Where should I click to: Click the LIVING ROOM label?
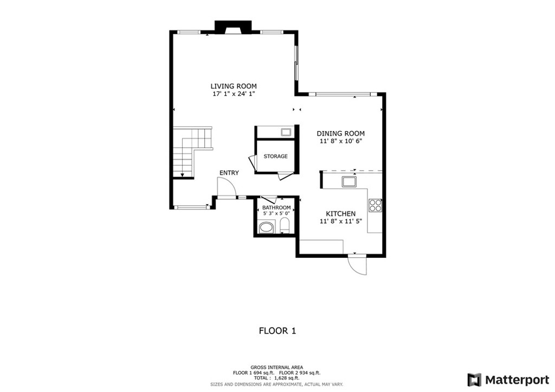[x=234, y=86]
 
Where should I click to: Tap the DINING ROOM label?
[x=340, y=133]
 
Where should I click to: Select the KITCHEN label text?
[x=340, y=213]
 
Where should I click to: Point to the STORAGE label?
[x=275, y=156]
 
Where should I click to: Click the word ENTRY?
[x=229, y=173]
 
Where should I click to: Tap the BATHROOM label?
[x=276, y=207]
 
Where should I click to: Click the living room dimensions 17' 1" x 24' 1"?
[x=234, y=94]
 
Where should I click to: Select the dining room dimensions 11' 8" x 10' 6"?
[x=340, y=141]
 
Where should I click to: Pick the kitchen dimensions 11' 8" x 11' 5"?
[x=340, y=221]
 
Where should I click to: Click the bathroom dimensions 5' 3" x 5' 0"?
[x=276, y=213]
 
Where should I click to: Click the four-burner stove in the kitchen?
[x=375, y=205]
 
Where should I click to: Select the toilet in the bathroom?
[x=285, y=226]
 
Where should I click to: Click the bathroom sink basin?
[x=267, y=227]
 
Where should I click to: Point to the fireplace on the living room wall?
[x=233, y=28]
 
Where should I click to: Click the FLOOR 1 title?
[x=277, y=331]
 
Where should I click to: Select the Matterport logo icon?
[x=474, y=380]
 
